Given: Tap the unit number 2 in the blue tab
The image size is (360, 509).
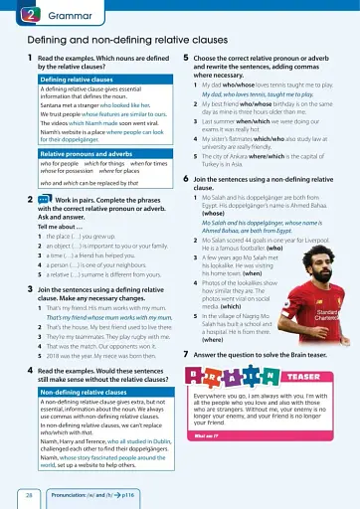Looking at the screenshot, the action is tap(29, 14).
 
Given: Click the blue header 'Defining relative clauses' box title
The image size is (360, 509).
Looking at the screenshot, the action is tap(76, 79).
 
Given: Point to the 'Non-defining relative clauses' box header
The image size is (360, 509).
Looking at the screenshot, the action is tap(83, 393).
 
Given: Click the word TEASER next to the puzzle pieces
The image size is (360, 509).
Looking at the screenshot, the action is tap(302, 377).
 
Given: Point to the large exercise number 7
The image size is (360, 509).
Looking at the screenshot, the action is tap(186, 354).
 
